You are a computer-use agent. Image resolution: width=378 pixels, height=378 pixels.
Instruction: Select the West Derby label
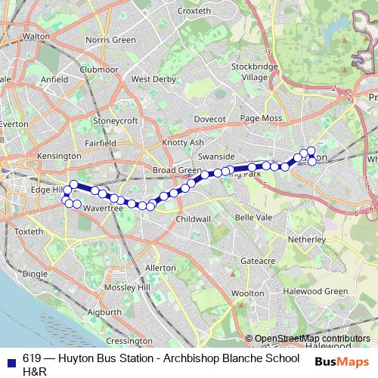[x=153, y=79]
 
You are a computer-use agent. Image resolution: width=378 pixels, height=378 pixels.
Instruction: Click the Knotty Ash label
[x=183, y=142]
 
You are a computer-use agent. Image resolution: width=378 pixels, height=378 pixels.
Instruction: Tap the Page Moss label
[x=261, y=119]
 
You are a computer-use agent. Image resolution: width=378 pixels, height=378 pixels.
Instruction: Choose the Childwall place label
[x=194, y=218]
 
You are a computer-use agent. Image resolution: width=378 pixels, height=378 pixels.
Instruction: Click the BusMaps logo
[x=341, y=361]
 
